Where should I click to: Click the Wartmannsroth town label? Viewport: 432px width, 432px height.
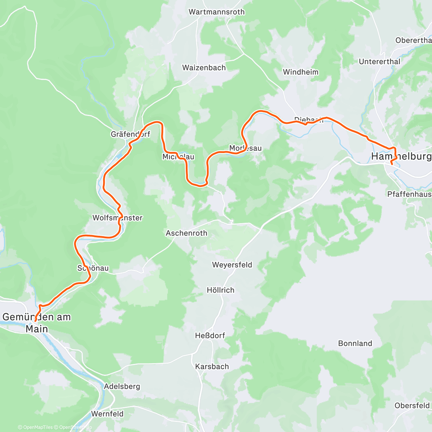point(216,12)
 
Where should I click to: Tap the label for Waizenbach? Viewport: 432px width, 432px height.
point(204,68)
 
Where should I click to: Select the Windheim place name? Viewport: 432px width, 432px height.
point(301,72)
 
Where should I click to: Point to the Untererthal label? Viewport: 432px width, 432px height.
point(379,62)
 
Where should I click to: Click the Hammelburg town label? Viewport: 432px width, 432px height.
point(401,157)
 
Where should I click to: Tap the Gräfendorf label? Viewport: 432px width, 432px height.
point(130,134)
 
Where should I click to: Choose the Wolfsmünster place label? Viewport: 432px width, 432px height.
point(117,218)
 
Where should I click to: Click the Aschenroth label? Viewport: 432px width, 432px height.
point(186,233)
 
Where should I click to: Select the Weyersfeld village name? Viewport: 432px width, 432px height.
point(232,265)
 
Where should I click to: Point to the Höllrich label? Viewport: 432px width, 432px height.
point(220,290)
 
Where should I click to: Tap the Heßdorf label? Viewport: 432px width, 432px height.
point(210,336)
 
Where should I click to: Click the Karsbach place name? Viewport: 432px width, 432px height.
point(212,366)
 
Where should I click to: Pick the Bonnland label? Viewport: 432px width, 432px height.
point(355,343)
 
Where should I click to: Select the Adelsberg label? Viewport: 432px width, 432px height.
point(122,387)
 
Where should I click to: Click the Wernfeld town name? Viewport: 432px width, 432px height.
point(107,414)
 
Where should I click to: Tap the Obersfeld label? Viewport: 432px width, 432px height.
point(412,406)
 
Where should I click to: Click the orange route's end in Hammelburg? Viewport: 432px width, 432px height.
point(392,164)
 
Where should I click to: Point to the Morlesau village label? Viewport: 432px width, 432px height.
point(246,148)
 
